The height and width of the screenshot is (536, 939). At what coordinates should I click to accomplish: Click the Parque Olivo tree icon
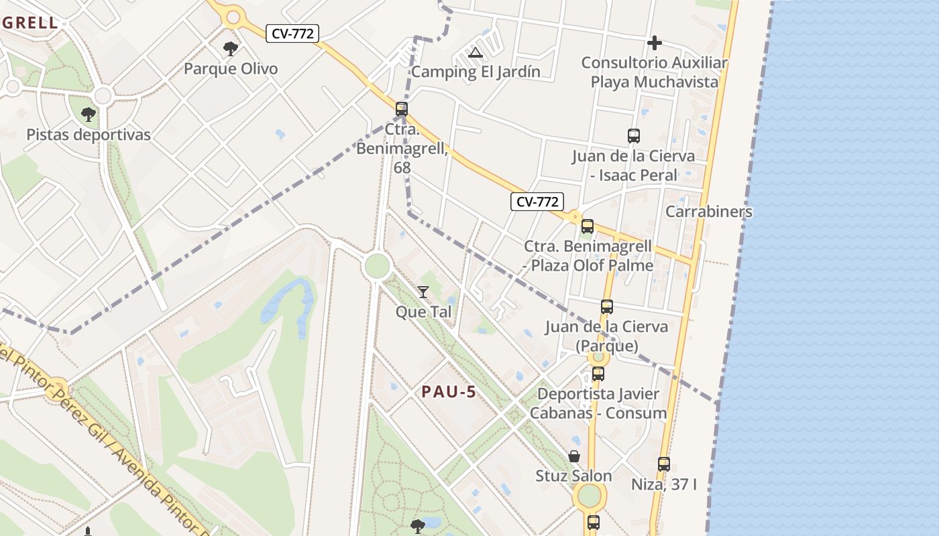231,48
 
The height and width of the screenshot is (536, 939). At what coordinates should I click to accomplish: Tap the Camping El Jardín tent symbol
476,52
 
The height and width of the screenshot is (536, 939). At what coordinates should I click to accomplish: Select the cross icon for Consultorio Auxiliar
655,44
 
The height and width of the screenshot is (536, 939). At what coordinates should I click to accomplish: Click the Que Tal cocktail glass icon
423,291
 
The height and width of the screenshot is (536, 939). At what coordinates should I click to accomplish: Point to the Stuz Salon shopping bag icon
574,456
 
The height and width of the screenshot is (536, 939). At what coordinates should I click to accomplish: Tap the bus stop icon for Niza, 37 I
664,464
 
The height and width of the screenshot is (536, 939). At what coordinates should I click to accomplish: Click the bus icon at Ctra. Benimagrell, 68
402,109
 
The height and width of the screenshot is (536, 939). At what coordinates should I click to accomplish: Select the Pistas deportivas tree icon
88,115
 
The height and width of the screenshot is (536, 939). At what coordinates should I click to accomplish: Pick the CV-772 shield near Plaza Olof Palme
537,202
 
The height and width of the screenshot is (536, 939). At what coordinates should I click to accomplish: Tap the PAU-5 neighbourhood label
449,392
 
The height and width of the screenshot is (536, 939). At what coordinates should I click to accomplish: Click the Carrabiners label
708,212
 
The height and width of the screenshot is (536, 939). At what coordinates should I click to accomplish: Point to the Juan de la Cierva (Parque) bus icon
607,307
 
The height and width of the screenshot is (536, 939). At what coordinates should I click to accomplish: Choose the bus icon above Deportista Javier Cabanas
598,373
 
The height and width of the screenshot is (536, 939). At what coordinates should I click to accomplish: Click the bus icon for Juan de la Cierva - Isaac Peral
634,136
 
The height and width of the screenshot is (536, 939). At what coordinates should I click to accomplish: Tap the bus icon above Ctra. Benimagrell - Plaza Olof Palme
588,226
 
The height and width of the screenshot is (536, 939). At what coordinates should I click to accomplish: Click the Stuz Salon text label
573,476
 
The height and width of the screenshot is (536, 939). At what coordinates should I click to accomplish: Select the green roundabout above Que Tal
377,266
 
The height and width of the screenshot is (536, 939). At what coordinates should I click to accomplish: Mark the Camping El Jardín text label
476,72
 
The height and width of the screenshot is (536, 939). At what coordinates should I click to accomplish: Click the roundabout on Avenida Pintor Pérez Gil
57,387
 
